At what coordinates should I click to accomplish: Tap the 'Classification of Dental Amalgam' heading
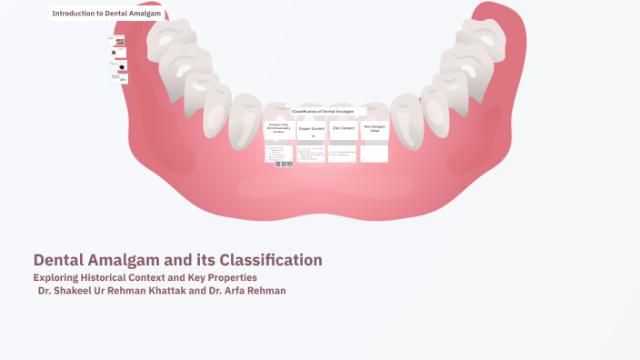pos(323,111)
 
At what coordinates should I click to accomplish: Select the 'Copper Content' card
pos(311,129)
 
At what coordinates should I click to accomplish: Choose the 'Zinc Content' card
pos(343,129)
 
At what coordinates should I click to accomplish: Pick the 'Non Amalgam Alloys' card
pos(375,129)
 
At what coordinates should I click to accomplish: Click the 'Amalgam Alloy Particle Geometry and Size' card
pos(278,129)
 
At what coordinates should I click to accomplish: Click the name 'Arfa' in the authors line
pos(227,291)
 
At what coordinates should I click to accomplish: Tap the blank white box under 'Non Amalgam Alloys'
pos(374,154)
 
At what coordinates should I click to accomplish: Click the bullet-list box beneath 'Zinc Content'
pos(343,154)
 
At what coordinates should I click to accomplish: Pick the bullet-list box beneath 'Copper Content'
pos(311,154)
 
